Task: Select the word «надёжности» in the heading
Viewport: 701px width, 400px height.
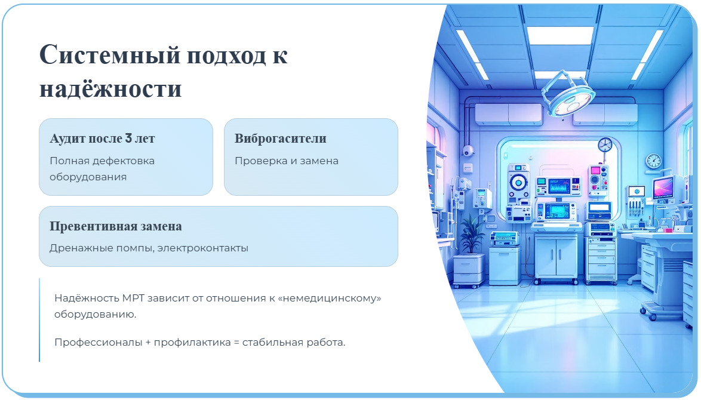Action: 110,88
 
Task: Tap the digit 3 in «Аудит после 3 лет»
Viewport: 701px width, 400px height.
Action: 128,139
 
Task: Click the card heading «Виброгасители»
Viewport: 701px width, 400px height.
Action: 280,139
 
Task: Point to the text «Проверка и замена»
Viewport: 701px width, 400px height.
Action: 286,161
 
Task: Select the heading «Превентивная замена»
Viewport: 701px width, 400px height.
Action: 116,227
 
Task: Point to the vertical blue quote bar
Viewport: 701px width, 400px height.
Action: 39,319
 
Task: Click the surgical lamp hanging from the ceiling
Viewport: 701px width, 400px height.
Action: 567,96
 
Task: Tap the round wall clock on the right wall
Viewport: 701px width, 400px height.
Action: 653,161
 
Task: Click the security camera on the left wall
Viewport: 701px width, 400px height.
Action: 469,150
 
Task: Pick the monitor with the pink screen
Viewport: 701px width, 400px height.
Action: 663,188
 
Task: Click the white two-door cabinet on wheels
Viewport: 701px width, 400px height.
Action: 556,256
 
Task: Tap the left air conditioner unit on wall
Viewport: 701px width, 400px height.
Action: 508,113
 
